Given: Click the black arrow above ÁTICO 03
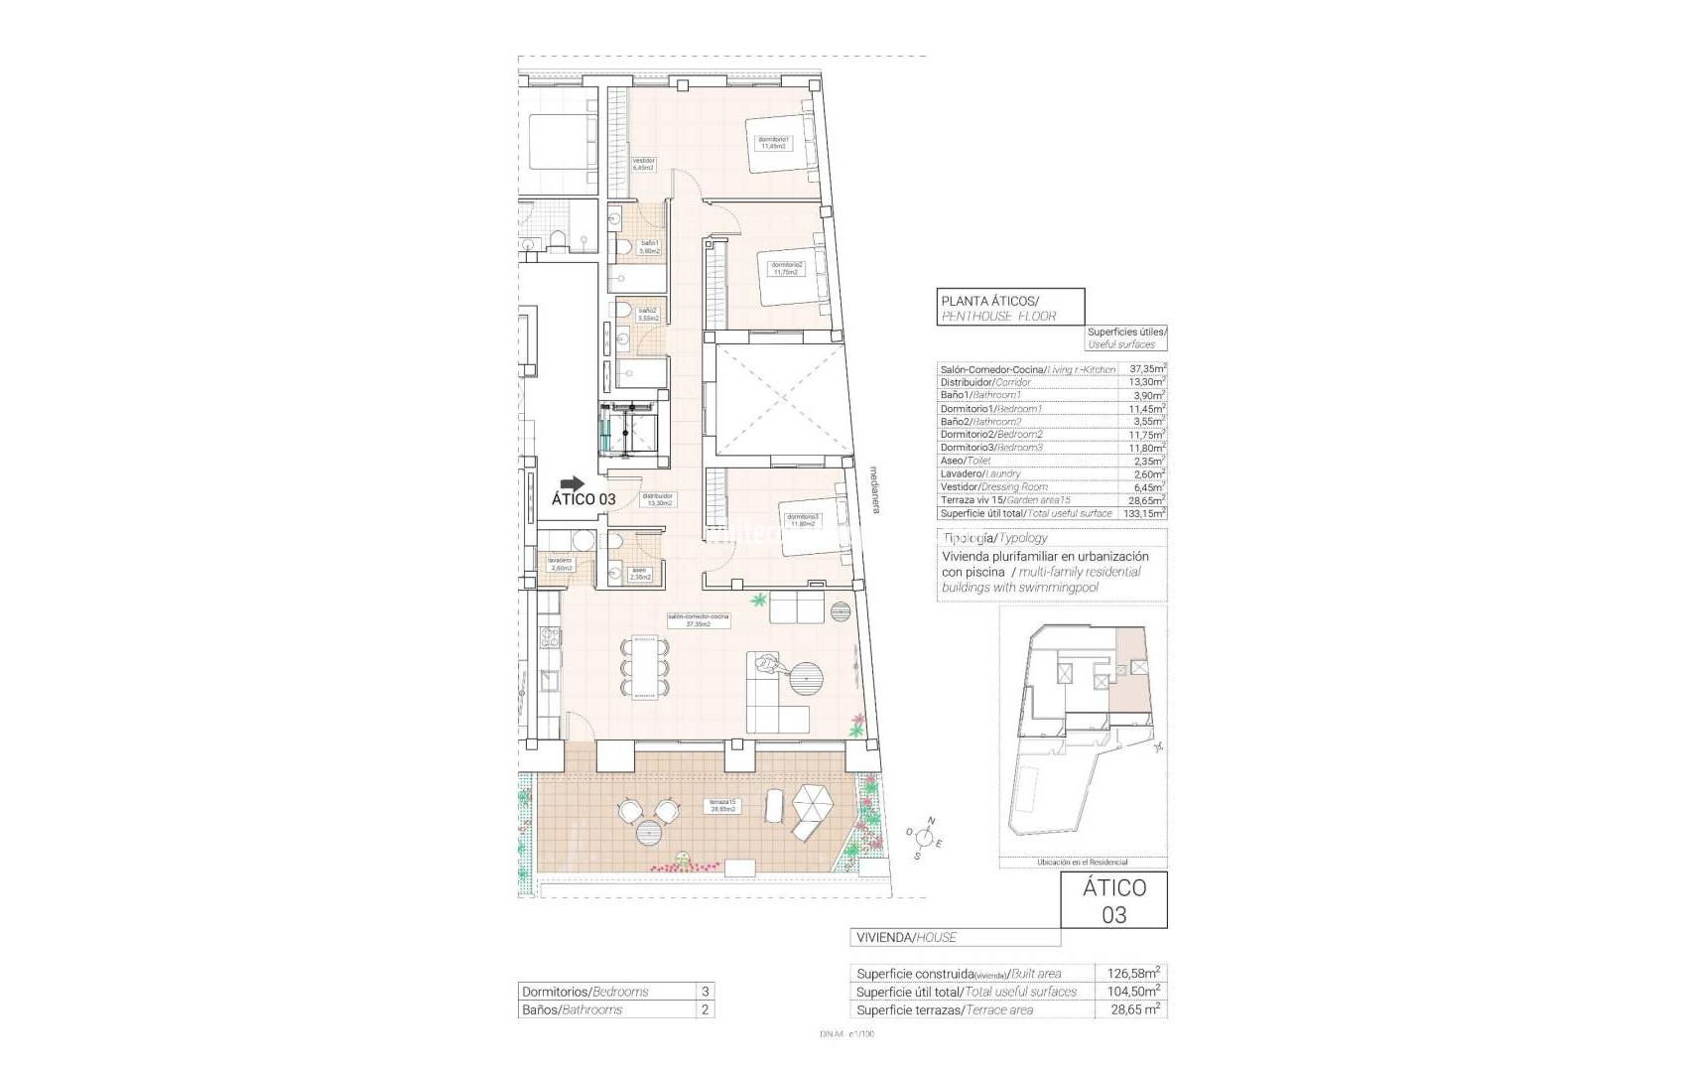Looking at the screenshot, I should (573, 483).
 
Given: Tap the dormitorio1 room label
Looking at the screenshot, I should (772, 142).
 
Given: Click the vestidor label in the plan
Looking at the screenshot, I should (644, 164).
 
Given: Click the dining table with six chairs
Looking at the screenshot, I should (643, 667).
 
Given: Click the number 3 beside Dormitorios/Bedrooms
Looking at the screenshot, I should (705, 991).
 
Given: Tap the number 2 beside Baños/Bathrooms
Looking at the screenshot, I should (705, 1009).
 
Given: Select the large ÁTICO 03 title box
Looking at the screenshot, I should (1113, 900).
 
